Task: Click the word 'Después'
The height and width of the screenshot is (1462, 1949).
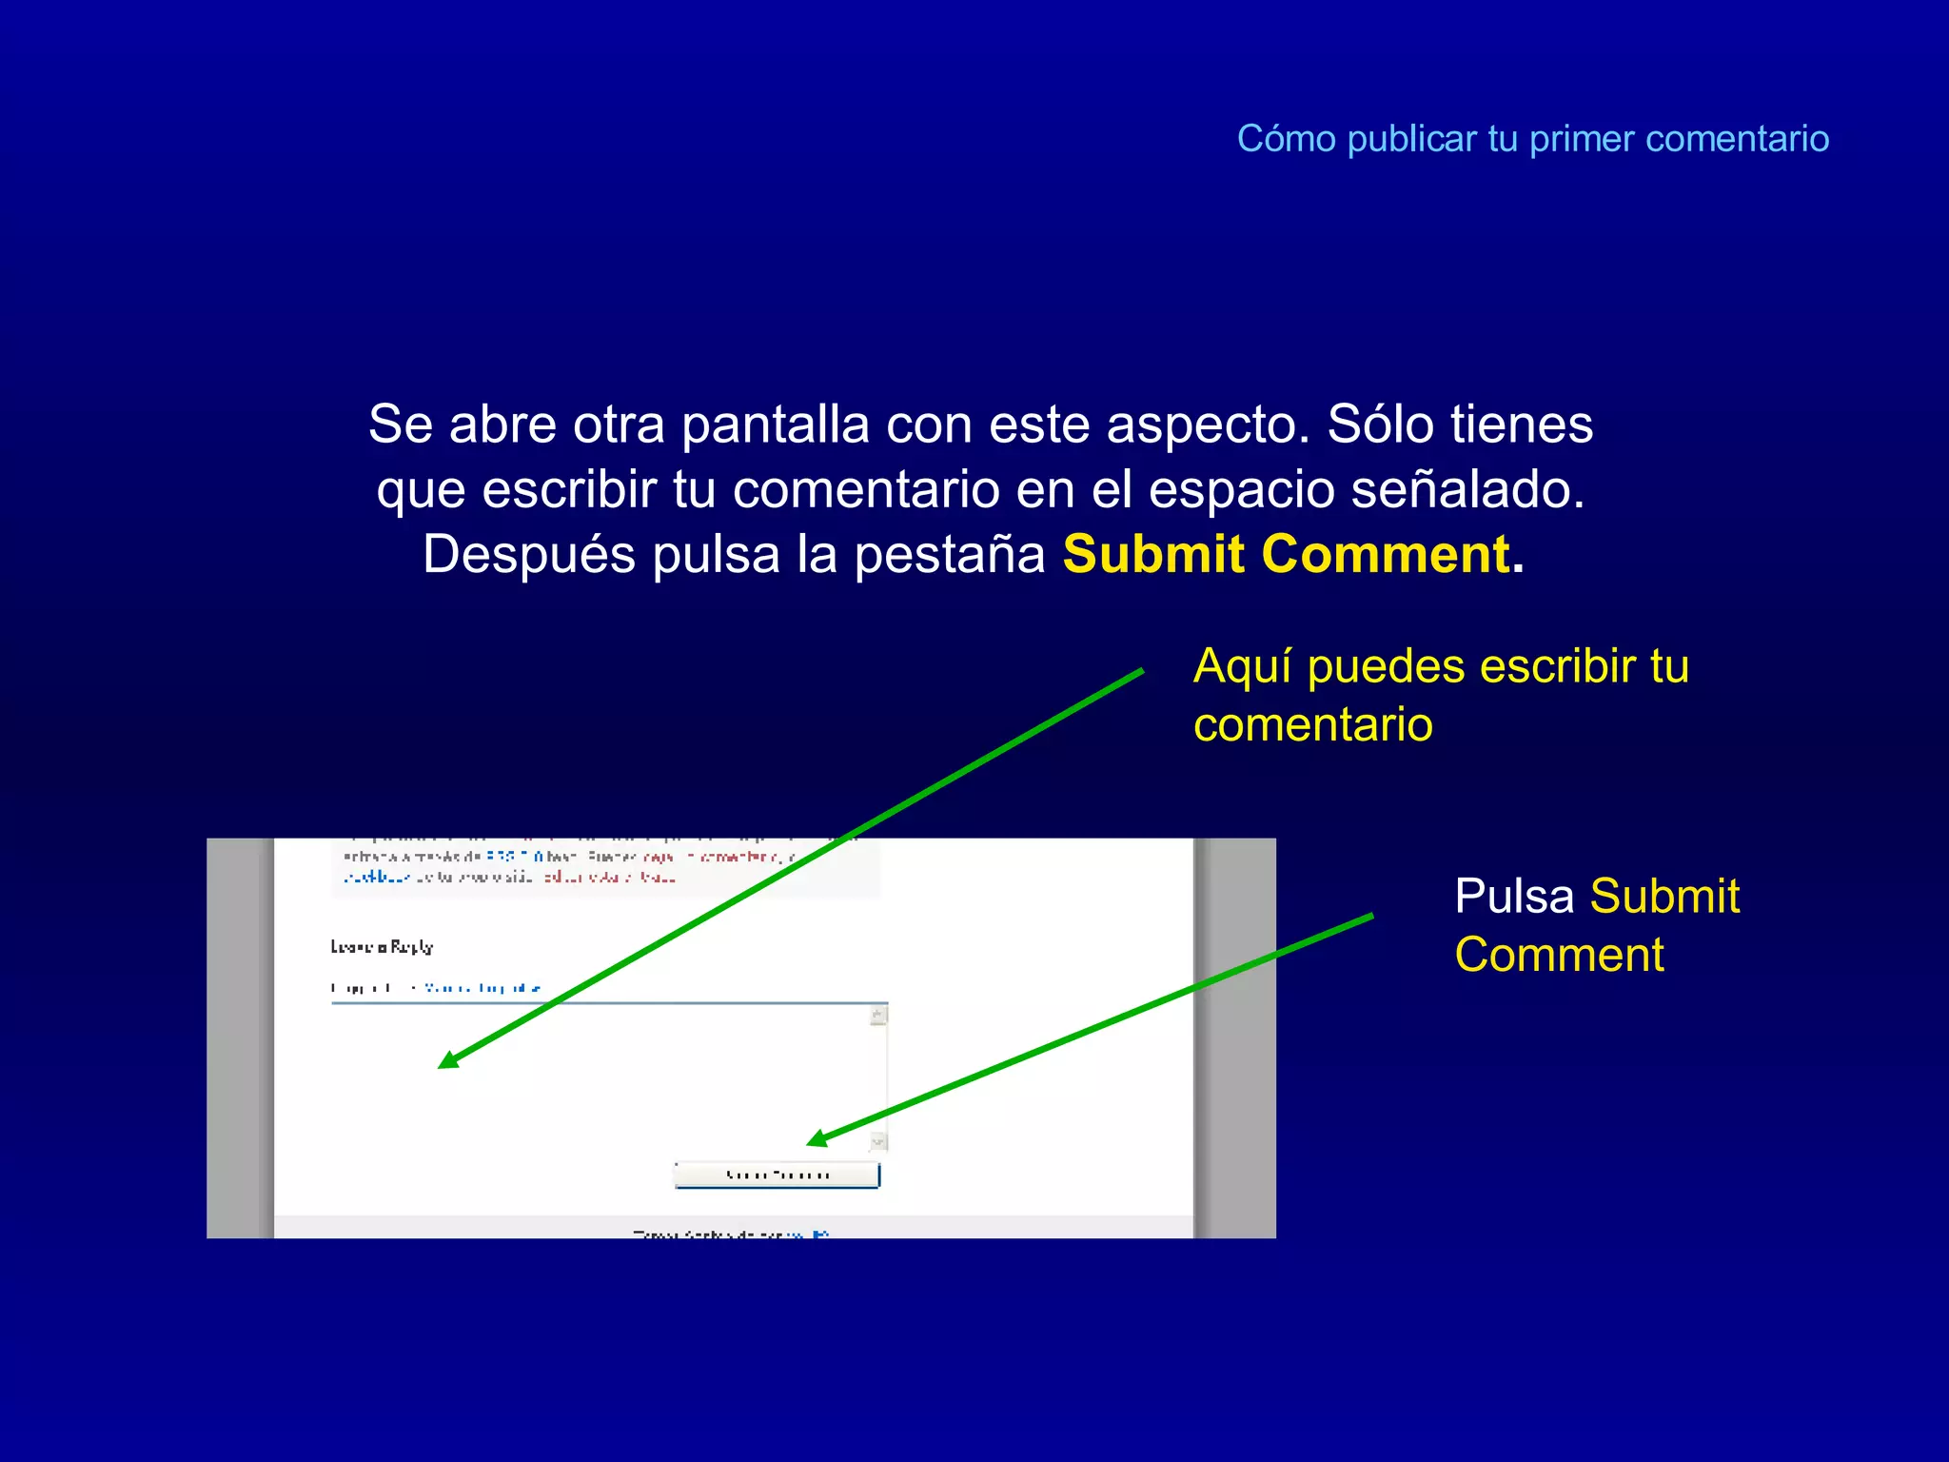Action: click(x=528, y=555)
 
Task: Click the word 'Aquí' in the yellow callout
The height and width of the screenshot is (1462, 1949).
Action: click(x=1242, y=666)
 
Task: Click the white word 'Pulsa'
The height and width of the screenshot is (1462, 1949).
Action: click(x=1514, y=897)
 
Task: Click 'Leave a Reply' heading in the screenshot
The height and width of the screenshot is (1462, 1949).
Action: click(x=382, y=947)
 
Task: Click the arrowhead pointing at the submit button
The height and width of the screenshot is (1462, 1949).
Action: click(x=815, y=1139)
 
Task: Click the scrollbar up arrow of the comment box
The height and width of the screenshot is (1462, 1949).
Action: click(x=878, y=1016)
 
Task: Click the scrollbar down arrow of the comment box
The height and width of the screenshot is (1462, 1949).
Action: click(x=878, y=1140)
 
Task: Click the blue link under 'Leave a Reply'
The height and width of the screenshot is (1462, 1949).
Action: click(x=482, y=988)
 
